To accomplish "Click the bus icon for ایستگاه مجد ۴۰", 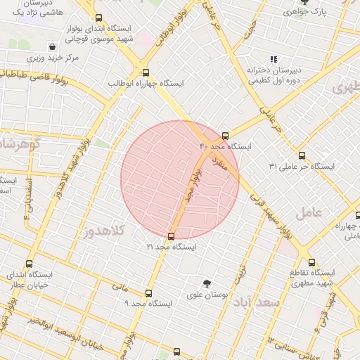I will click(x=225, y=136).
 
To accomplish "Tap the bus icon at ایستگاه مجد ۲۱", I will click(x=172, y=237).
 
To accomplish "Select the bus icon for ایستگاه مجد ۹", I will click(x=148, y=293).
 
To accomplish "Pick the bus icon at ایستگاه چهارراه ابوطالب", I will click(x=146, y=72).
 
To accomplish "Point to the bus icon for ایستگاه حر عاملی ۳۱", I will click(x=302, y=155).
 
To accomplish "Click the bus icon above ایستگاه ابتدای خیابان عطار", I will click(x=29, y=265).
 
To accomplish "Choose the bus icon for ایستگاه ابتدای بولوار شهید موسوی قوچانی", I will click(x=98, y=18).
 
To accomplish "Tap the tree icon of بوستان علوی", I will click(x=206, y=283).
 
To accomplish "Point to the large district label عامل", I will click(x=308, y=212).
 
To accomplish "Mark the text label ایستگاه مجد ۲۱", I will click(x=172, y=247).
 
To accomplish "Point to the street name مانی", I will click(x=119, y=287).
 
